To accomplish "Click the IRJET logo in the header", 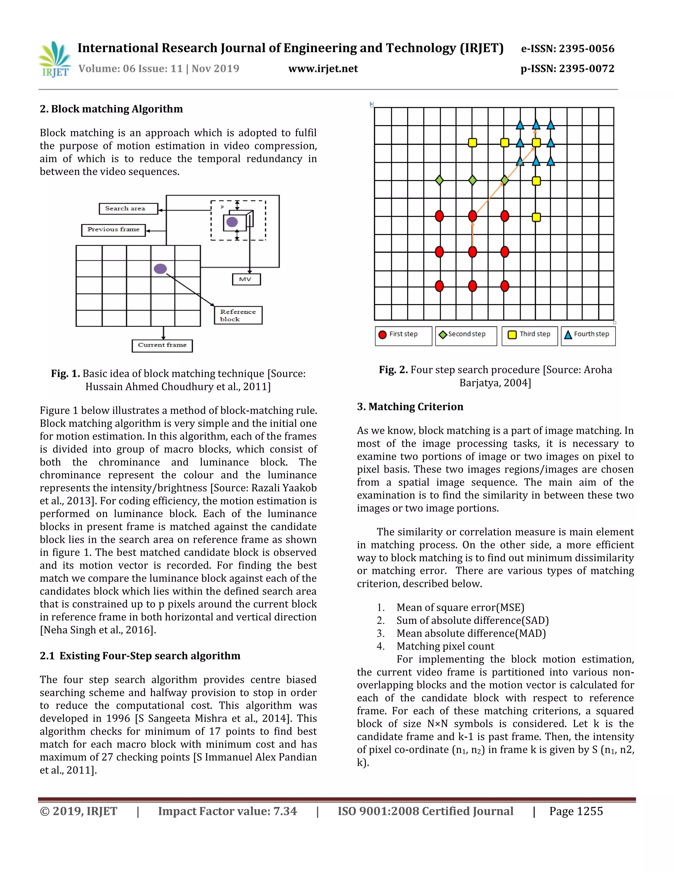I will (x=55, y=59).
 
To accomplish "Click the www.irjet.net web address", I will (x=323, y=69).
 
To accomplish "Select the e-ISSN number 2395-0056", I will (x=567, y=49).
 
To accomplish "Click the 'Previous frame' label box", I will (x=114, y=230).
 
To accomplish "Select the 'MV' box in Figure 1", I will (x=246, y=279).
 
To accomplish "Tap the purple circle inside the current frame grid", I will (x=160, y=269).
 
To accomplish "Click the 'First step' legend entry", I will (x=403, y=335).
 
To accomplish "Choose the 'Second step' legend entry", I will (x=466, y=335).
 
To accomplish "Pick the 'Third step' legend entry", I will (x=530, y=335).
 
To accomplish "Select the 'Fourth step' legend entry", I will (x=588, y=335).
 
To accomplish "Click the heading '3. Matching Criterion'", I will (x=410, y=407).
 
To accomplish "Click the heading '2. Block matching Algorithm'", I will (x=112, y=109).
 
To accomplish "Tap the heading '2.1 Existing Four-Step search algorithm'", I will (x=140, y=656).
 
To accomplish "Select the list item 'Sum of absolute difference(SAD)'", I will (x=472, y=621).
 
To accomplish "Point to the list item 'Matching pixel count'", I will (x=445, y=646).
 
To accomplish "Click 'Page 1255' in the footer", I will (x=576, y=811).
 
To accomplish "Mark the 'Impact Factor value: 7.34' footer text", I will (x=228, y=811).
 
